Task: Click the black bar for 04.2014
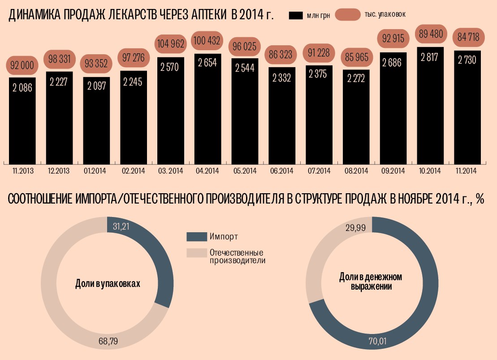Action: tap(207, 108)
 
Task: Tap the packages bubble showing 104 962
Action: tap(170, 44)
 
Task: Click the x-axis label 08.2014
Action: tap(356, 171)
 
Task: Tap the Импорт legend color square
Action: tap(195, 236)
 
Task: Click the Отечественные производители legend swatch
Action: tap(195, 253)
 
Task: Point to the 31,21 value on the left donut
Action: tap(121, 227)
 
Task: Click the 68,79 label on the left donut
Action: tap(108, 342)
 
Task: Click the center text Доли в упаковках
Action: tap(108, 284)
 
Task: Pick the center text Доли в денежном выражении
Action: tap(371, 282)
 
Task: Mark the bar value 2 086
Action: tap(22, 88)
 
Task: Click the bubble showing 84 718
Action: tap(467, 37)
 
